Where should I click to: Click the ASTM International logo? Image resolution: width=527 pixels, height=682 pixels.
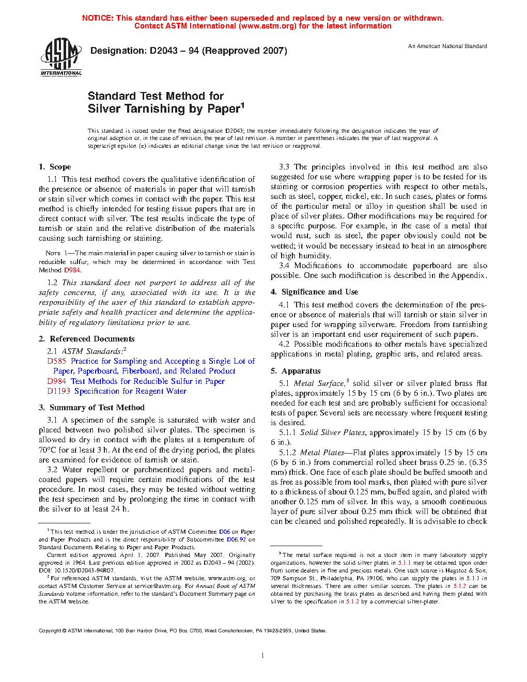point(61,56)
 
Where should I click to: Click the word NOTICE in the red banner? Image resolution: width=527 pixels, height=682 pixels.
point(98,18)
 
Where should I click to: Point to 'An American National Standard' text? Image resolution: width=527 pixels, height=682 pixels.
point(447,46)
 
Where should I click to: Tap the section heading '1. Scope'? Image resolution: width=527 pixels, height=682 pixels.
point(55,167)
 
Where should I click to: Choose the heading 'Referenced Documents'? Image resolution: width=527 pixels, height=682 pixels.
point(92,339)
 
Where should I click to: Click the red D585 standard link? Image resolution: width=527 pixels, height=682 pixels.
point(57,361)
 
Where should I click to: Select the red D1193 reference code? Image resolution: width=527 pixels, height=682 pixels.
point(59,391)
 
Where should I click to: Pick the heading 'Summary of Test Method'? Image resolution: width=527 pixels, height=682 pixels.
point(97,408)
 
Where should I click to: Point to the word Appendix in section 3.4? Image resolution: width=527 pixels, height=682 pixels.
point(468,275)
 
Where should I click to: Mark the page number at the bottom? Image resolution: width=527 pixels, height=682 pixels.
point(263,655)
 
